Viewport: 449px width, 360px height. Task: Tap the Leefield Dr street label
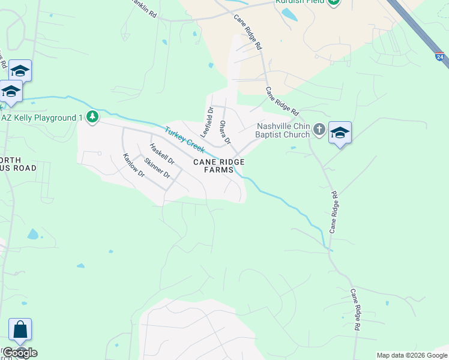point(206,122)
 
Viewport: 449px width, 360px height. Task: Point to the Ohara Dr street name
point(224,133)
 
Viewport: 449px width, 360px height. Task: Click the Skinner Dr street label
point(158,168)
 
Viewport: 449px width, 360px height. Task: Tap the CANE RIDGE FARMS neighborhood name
point(218,166)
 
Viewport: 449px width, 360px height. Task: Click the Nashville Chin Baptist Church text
point(282,130)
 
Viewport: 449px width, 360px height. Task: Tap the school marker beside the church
point(340,133)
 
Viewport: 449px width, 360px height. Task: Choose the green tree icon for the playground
point(92,116)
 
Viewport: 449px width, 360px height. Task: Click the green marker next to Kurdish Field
point(334,2)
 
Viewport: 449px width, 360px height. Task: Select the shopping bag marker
point(20,330)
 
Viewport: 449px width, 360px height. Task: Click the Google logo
point(19,353)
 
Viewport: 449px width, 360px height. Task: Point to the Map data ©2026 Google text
point(411,355)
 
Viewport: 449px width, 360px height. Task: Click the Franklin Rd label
point(143,9)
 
